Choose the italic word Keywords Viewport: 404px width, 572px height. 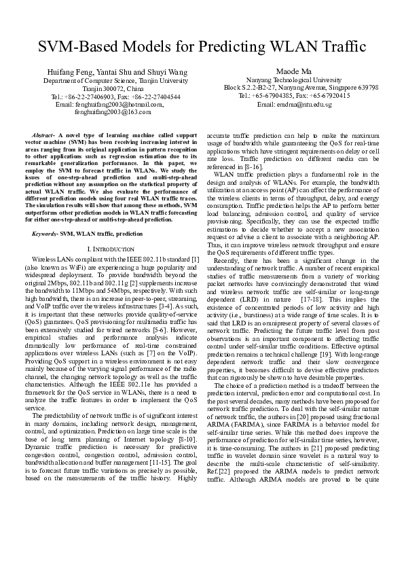coord(45,233)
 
